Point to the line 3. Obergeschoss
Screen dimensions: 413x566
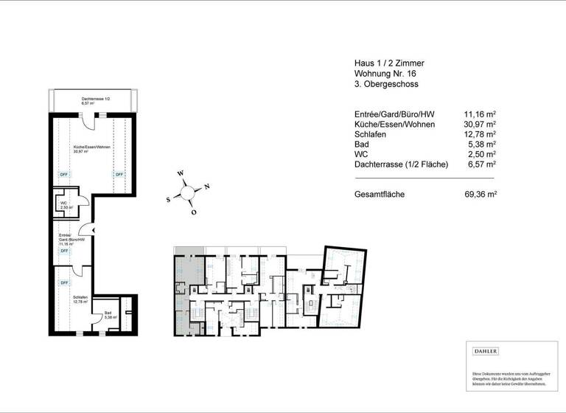coord(385,85)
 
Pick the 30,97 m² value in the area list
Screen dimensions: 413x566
coord(480,125)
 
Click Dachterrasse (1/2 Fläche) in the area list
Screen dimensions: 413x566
coord(402,164)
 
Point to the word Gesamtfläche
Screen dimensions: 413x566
coord(380,195)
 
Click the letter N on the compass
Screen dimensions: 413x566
coord(207,186)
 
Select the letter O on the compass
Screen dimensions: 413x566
coord(194,212)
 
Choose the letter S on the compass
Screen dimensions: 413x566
coord(168,199)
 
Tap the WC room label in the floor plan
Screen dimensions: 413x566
coord(64,205)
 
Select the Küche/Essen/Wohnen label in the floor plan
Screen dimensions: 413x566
coord(91,149)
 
